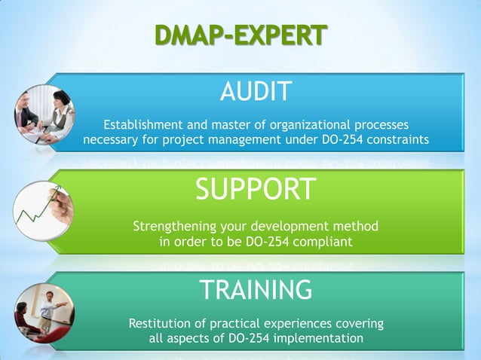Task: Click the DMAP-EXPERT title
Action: tap(240, 35)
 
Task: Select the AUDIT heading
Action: tap(255, 93)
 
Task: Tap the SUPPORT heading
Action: tap(255, 189)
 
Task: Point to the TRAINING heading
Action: tap(255, 289)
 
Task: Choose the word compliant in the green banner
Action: tap(325, 242)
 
